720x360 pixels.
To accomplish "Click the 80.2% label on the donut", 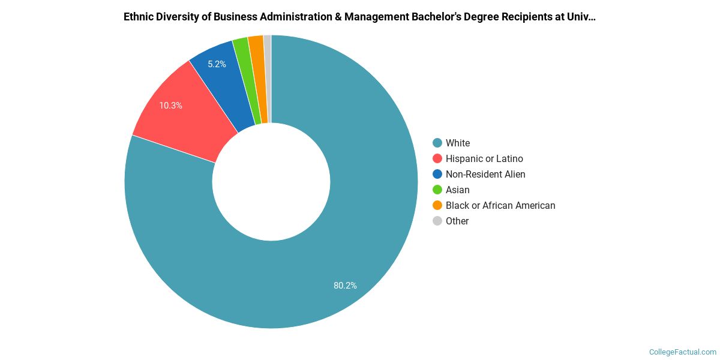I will tap(345, 286).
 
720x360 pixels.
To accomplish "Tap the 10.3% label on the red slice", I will tap(170, 106).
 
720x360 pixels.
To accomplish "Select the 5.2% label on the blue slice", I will tap(217, 64).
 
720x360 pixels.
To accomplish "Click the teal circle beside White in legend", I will tap(437, 143).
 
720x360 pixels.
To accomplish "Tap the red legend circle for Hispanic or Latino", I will tap(437, 158).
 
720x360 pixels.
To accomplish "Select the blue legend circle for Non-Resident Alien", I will tap(437, 174).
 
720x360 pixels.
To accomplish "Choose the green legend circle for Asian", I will tap(437, 190).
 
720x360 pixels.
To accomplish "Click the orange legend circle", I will tap(437, 205).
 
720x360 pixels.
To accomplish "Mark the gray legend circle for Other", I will tap(437, 221).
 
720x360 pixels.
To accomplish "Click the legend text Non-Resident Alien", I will tap(485, 174).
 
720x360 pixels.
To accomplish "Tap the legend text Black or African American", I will tap(500, 205).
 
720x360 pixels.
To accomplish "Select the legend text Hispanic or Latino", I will tap(484, 158).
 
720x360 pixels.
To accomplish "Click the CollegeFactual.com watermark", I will tap(682, 352).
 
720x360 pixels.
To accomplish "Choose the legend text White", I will tap(458, 143).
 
